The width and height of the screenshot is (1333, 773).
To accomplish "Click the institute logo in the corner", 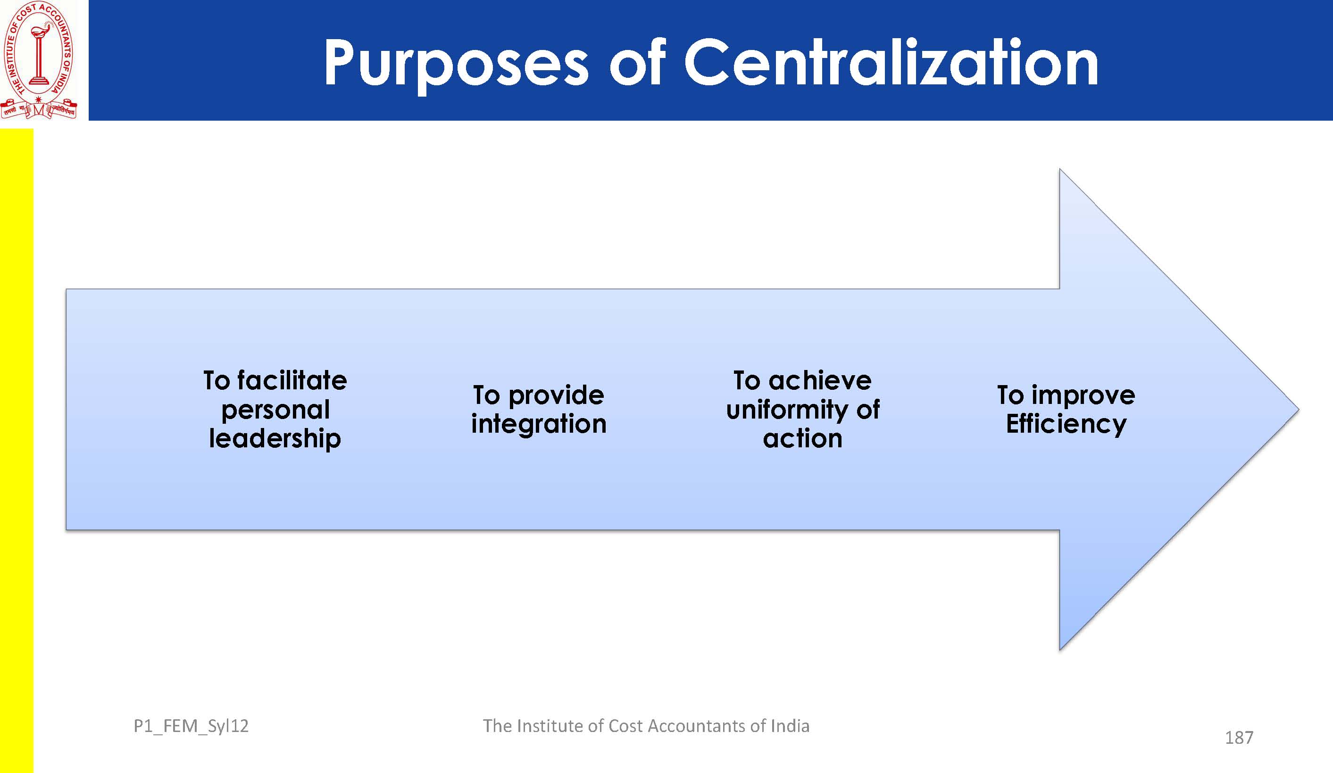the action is [39, 60].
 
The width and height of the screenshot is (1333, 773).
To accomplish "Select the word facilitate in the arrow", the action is [292, 380].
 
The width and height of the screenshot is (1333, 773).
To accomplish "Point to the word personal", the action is [275, 410].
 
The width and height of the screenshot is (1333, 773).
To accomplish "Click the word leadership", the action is [275, 439].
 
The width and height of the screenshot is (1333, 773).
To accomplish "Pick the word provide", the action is [556, 396].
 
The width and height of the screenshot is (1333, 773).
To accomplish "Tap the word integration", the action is [539, 424].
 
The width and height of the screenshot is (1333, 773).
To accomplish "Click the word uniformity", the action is [787, 410].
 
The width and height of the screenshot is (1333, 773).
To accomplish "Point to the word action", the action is [802, 439].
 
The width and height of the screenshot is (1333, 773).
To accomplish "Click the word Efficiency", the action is [1066, 424].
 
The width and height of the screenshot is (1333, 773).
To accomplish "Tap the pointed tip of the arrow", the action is [1299, 409].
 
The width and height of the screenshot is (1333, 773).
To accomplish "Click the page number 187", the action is [1239, 738].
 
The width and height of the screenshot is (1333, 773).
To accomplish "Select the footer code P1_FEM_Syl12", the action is [191, 726].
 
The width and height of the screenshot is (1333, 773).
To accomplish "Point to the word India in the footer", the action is [790, 726].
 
